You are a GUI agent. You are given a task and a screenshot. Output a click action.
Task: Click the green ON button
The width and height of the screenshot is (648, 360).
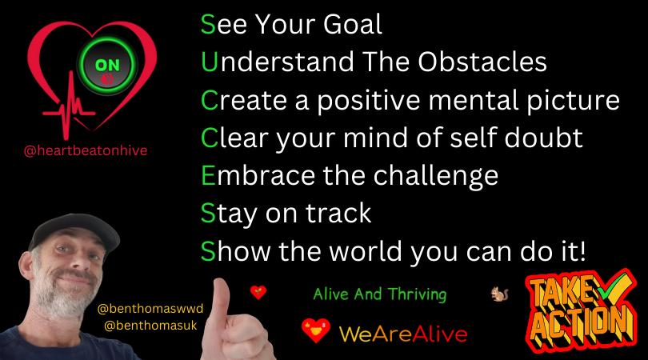tap(107, 66)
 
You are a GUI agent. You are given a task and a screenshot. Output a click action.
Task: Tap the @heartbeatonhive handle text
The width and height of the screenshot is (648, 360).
tap(86, 150)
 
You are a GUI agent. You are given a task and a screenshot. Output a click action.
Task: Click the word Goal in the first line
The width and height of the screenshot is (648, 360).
tap(353, 24)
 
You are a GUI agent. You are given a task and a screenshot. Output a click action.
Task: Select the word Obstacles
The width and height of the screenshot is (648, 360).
tap(482, 62)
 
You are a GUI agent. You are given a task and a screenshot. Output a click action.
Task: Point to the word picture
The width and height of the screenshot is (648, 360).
tap(573, 101)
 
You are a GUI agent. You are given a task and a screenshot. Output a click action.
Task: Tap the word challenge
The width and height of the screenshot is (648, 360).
tap(436, 177)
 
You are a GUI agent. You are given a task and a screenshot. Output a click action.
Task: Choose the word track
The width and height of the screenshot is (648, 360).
tap(338, 214)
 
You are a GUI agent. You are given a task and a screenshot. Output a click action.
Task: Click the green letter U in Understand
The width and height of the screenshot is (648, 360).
tap(209, 62)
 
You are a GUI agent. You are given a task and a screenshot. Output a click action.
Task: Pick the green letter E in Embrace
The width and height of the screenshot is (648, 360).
tap(208, 176)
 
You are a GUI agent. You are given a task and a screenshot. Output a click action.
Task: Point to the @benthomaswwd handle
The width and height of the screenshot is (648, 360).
tap(150, 309)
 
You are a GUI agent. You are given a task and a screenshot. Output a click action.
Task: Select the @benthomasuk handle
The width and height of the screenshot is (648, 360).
tap(150, 326)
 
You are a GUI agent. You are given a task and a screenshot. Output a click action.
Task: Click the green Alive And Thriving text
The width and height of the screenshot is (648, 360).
tap(380, 294)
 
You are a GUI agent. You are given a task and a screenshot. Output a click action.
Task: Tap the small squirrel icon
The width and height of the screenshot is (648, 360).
tap(500, 294)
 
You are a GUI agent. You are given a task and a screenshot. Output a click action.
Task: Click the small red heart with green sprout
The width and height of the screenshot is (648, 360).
tap(258, 293)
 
